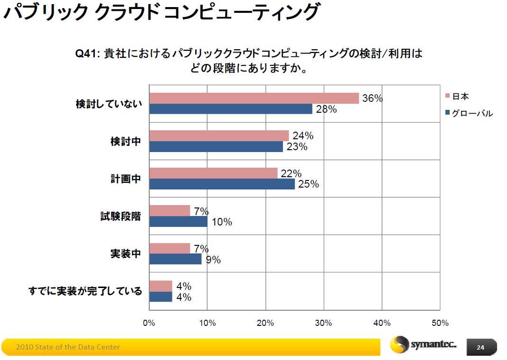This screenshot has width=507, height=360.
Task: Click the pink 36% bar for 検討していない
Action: pyautogui.click(x=254, y=98)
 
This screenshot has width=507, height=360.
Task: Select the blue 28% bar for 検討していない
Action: pyautogui.click(x=231, y=109)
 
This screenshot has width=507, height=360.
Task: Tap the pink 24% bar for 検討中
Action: pyautogui.click(x=219, y=135)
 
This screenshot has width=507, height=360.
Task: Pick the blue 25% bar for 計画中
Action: pyautogui.click(x=222, y=184)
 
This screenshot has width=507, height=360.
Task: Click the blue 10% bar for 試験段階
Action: pyautogui.click(x=178, y=221)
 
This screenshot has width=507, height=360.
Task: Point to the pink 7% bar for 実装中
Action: pyautogui.click(x=170, y=248)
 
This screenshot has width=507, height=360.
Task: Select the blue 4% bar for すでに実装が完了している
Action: pyautogui.click(x=161, y=297)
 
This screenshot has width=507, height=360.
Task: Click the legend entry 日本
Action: pyautogui.click(x=460, y=97)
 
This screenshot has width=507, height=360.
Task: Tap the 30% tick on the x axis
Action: pyautogui.click(x=324, y=323)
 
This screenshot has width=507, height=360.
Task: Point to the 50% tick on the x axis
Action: pyautogui.click(x=440, y=323)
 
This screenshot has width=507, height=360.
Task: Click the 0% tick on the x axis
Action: pyautogui.click(x=149, y=323)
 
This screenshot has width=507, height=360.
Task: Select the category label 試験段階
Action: pyautogui.click(x=121, y=216)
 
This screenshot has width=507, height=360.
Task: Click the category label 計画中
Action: pyautogui.click(x=126, y=179)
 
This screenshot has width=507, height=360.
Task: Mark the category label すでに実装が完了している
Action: pyautogui.click(x=85, y=291)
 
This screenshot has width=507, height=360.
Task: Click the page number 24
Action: pyautogui.click(x=480, y=347)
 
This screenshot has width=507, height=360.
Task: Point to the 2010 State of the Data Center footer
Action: pyautogui.click(x=68, y=347)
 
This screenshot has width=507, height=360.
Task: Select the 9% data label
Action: pyautogui.click(x=213, y=260)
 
